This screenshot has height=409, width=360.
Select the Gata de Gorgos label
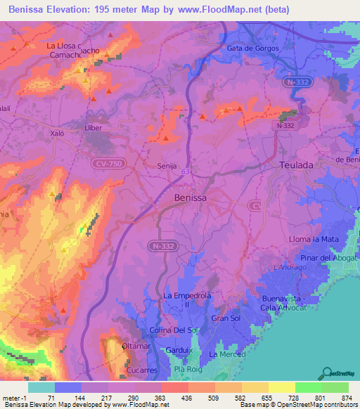(x=252, y=48)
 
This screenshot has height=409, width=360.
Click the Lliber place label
(x=93, y=128)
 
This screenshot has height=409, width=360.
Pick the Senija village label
(x=166, y=166)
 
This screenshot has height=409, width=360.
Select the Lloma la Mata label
(x=314, y=240)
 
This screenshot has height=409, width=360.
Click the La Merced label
(x=227, y=354)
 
